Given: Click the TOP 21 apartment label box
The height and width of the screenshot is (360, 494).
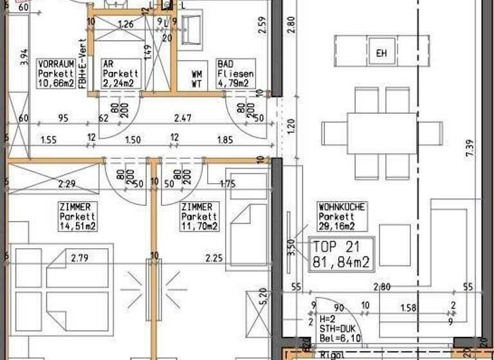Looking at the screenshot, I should (x=342, y=254).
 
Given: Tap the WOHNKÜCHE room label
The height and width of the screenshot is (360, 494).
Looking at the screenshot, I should (x=342, y=217).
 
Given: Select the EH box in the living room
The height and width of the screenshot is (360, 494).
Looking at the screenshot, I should (x=381, y=52).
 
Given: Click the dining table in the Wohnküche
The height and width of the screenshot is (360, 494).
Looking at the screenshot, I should (x=382, y=132).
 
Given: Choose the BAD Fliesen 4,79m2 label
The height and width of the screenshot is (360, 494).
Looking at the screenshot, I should (x=235, y=74).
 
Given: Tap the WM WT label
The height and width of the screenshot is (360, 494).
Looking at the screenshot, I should (x=197, y=79).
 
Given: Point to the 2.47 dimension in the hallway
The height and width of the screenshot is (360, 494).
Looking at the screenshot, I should (x=183, y=118).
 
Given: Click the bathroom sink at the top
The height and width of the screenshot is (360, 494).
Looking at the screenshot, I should (x=192, y=28).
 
